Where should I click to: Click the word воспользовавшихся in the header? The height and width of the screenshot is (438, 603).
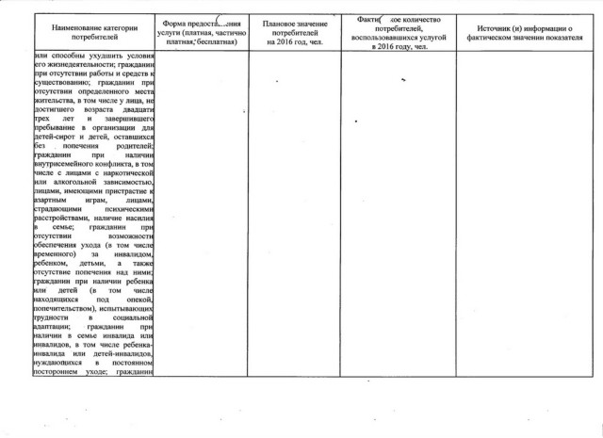[382, 39]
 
